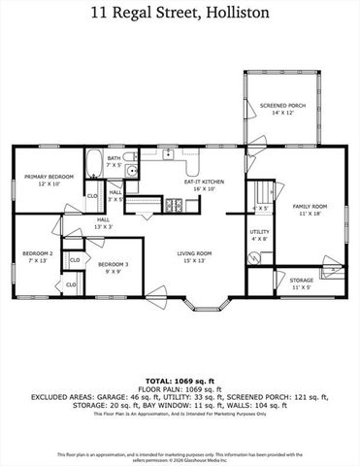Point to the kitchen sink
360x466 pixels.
[x=169, y=153]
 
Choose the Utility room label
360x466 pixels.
[x=259, y=234]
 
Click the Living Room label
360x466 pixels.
[x=194, y=257]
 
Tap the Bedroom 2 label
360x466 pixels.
[x=37, y=256]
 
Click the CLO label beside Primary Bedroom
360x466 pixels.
[x=92, y=196]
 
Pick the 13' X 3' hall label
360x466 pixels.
[x=102, y=224]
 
